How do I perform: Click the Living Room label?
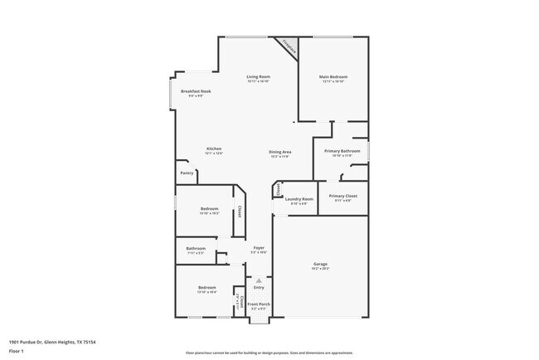[x=259, y=77]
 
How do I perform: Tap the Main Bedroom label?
[x=332, y=77]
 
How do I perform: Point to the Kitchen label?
[x=214, y=148]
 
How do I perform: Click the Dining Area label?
[x=279, y=151]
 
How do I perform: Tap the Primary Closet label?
[x=342, y=196]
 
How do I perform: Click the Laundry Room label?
[x=299, y=199]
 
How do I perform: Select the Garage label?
[x=320, y=263]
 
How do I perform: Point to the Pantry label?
[x=187, y=173]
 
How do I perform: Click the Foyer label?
[x=259, y=247]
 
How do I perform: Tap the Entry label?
[x=259, y=288]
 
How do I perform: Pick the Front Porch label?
[x=259, y=304]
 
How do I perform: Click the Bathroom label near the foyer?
[x=196, y=248]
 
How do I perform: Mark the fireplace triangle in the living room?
[x=289, y=45]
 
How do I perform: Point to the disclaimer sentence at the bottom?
[x=270, y=353]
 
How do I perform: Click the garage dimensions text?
[x=320, y=269]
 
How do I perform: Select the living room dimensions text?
[x=259, y=82]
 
